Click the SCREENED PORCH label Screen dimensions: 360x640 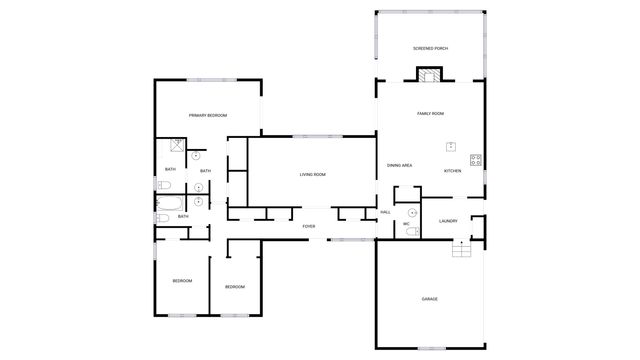pyautogui.click(x=429, y=49)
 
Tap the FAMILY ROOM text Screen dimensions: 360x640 pyautogui.click(x=430, y=114)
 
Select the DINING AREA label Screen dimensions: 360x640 pyautogui.click(x=400, y=165)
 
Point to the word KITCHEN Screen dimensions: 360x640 pyautogui.click(x=452, y=171)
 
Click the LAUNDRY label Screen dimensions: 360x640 pyautogui.click(x=448, y=221)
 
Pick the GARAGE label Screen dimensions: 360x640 pyautogui.click(x=429, y=299)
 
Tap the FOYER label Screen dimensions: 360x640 pyautogui.click(x=309, y=227)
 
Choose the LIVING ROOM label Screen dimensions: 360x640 pyautogui.click(x=312, y=175)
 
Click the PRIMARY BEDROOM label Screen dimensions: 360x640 pyautogui.click(x=208, y=116)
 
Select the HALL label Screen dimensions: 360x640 pyautogui.click(x=385, y=212)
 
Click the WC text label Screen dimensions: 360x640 pyautogui.click(x=406, y=224)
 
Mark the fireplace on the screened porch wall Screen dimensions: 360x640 pyautogui.click(x=430, y=75)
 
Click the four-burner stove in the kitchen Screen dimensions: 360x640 pyautogui.click(x=475, y=159)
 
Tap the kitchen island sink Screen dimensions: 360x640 pyautogui.click(x=451, y=147)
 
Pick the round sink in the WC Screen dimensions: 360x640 pyautogui.click(x=412, y=213)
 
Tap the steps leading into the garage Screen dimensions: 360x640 pyautogui.click(x=461, y=250)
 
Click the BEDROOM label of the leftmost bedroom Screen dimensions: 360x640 pyautogui.click(x=181, y=280)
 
